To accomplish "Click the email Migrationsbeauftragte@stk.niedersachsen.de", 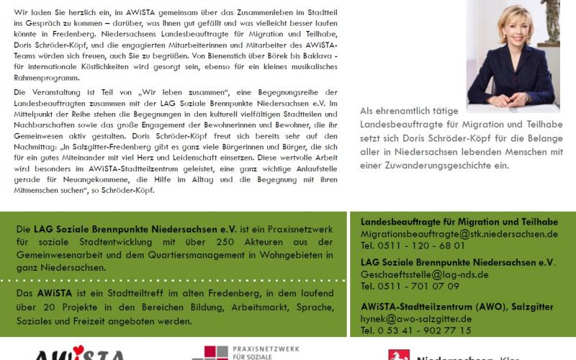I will pos(459,234).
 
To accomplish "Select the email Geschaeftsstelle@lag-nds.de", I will pos(424,274).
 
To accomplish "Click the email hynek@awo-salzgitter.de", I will pos(416,318).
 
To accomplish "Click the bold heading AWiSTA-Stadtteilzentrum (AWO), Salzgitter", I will pos(456,306).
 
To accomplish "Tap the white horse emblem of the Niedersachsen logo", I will pos(398,354).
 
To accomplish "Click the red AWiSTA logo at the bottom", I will pos(79,354).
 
